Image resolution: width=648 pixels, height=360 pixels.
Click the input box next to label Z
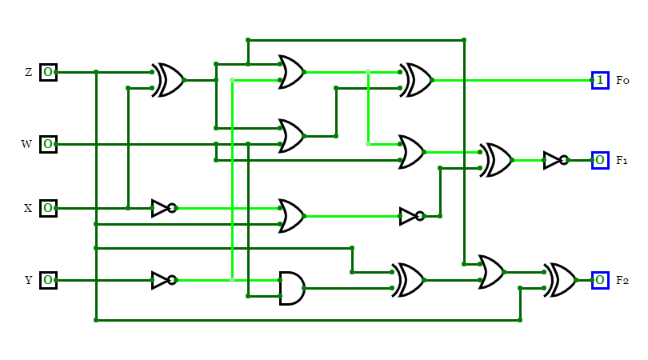tap(48, 72)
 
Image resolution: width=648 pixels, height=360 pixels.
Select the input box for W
tap(48, 144)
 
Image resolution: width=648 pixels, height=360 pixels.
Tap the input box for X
tap(48, 208)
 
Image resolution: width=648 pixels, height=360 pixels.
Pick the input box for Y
tap(48, 280)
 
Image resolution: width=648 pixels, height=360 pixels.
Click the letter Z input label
tap(28, 72)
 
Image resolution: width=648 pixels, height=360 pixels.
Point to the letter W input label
tap(26, 144)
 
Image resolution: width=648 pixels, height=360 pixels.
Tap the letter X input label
tap(28, 208)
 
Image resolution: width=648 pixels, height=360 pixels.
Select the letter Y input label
tap(28, 280)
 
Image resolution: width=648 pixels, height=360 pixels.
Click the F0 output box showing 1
tap(600, 80)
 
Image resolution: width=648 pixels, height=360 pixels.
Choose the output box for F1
tap(600, 160)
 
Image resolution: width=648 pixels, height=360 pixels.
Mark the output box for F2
tap(600, 280)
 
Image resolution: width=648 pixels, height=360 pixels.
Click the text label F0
tap(622, 80)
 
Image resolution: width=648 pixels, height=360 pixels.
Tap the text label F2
tap(622, 280)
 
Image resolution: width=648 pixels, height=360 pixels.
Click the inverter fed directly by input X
tap(162, 208)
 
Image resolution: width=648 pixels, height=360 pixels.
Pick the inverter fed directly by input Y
tap(162, 280)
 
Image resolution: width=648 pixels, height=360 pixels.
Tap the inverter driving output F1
tap(554, 160)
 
